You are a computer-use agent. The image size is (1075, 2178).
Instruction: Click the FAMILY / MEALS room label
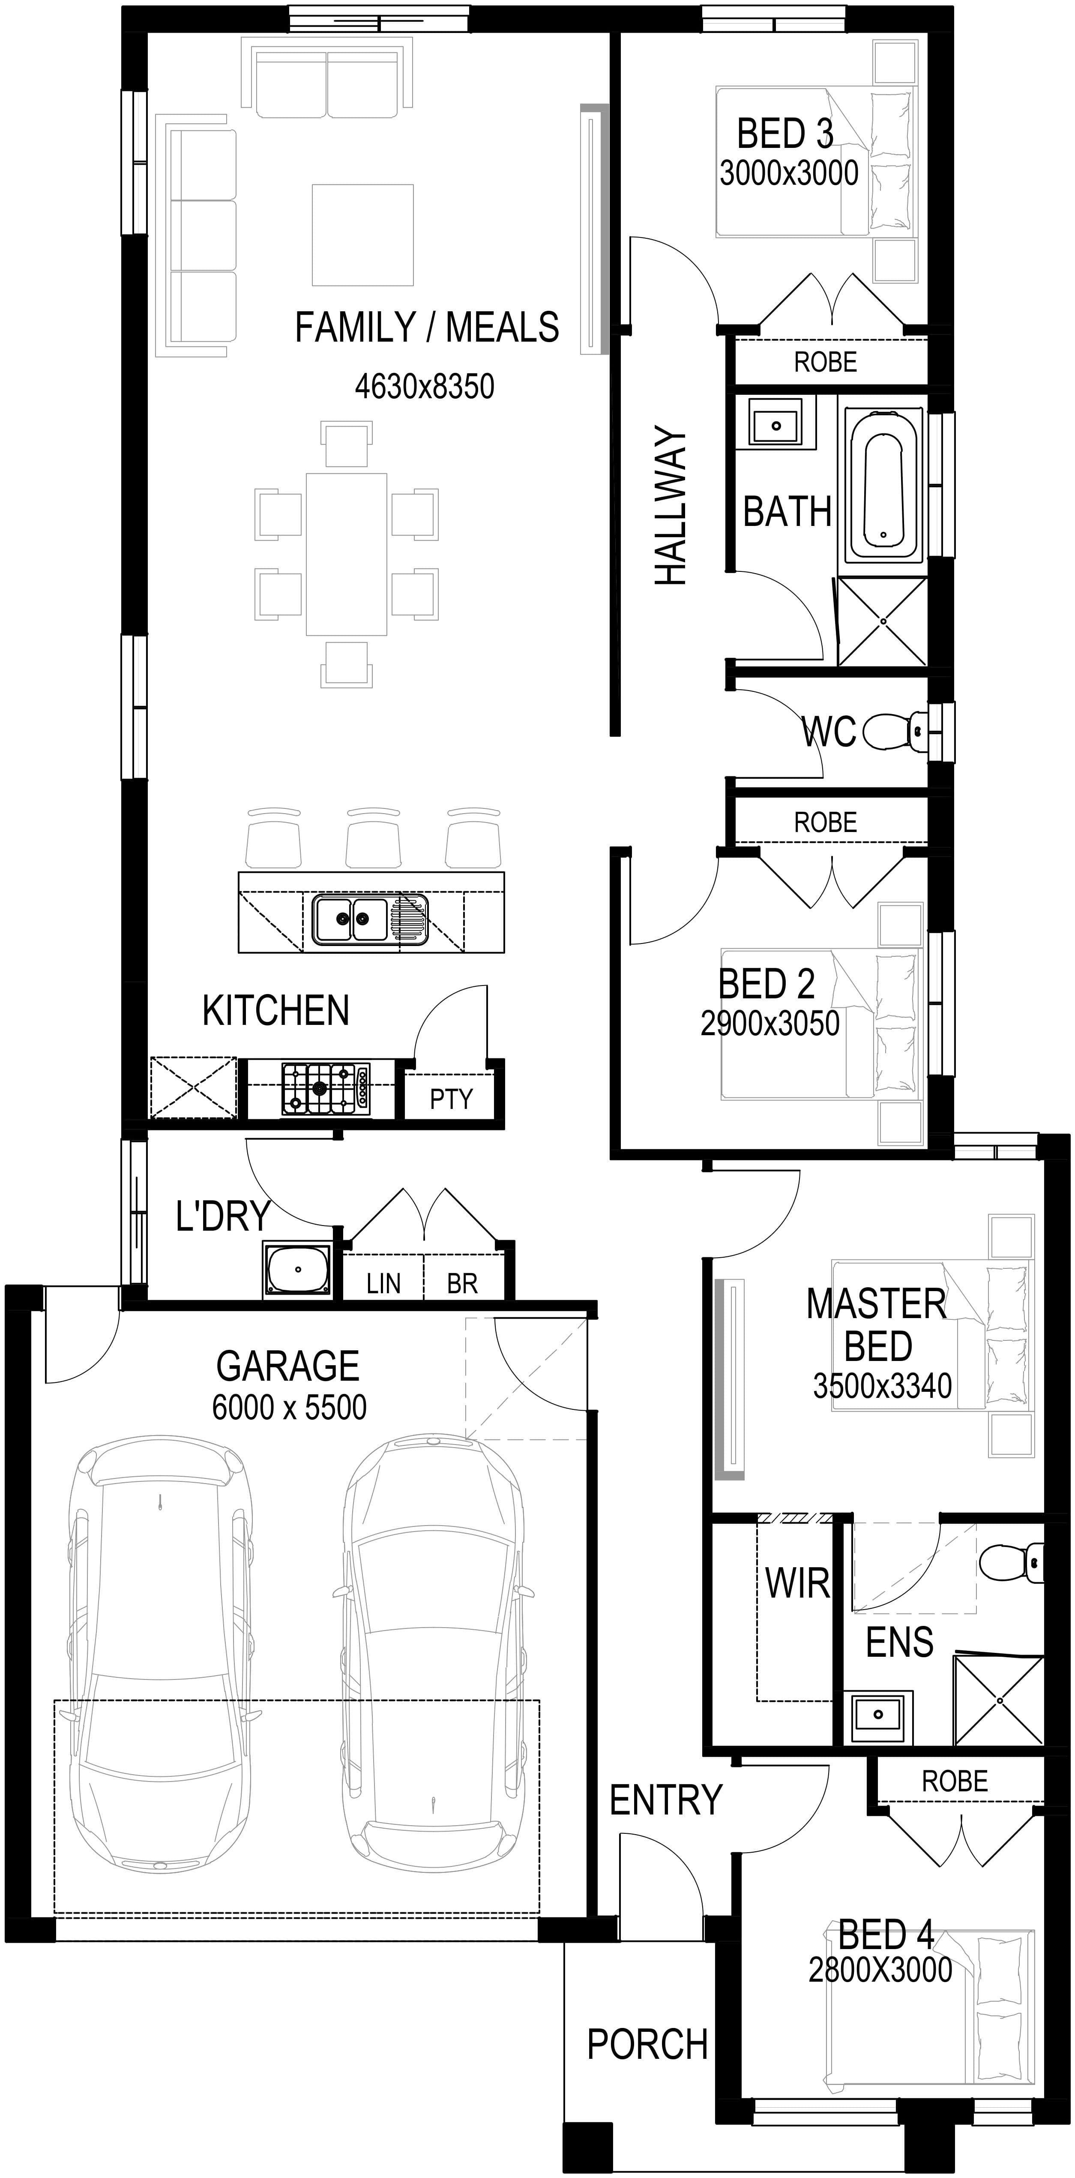427,327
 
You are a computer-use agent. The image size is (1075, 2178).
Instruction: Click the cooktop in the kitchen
325,1087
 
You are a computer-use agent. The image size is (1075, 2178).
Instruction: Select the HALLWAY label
672,506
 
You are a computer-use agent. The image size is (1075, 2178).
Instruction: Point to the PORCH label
647,2044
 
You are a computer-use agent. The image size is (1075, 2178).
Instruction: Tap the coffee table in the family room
362,235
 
